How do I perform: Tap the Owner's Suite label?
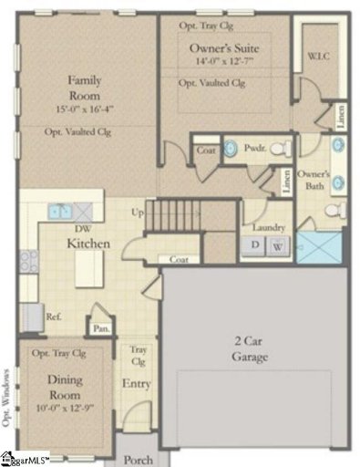coord(223,47)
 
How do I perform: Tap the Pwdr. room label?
coord(256,147)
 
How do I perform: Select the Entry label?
coord(137,384)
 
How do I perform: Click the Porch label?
coord(138,460)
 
